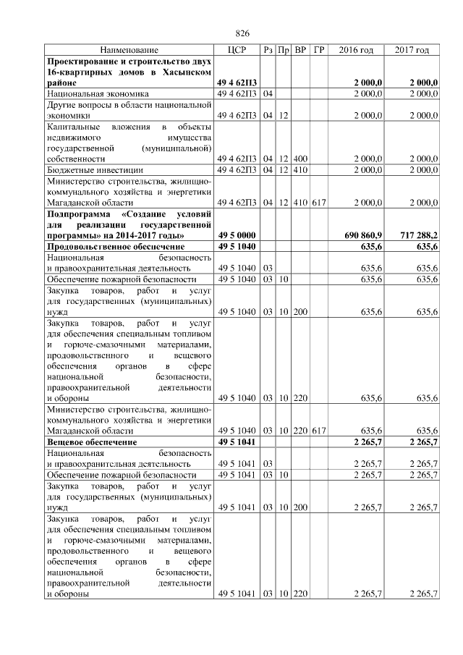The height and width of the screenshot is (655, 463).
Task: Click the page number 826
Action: point(243,34)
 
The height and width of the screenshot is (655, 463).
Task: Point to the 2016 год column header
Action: point(356,50)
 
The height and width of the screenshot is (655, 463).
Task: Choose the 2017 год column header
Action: point(412,50)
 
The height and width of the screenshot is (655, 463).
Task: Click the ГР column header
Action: point(319,50)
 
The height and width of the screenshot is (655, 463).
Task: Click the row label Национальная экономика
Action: point(98,94)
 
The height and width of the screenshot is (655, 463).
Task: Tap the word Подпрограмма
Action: point(80,214)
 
